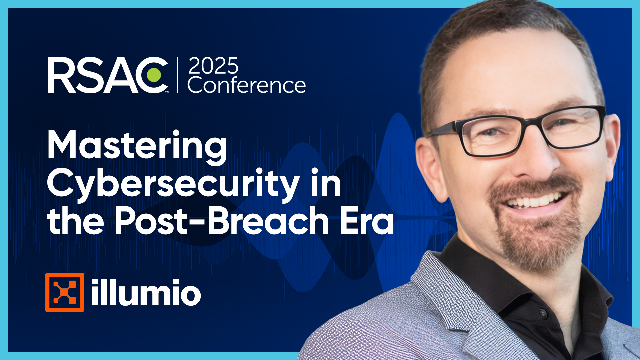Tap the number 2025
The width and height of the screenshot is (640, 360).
coord(214,66)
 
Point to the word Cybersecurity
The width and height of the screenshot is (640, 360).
coord(173,184)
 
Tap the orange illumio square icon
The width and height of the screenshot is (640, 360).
coord(65,292)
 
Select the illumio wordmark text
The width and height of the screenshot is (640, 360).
coord(146,292)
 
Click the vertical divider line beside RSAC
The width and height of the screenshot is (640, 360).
coord(178,75)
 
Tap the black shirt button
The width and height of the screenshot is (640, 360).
coord(543,313)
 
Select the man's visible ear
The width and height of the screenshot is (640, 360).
coord(430,167)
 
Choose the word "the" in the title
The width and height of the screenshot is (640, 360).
coord(75,220)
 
